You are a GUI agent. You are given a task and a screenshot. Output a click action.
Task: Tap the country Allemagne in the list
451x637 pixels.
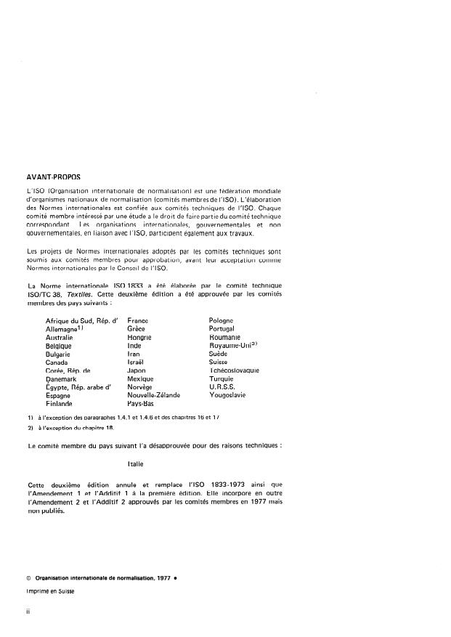[x=65, y=329]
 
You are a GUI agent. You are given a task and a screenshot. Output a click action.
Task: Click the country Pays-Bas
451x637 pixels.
[x=141, y=404]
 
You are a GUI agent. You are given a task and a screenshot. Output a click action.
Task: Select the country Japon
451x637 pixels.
[x=137, y=370]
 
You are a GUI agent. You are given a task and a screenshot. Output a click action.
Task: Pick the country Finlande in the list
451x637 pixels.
[x=59, y=404]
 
